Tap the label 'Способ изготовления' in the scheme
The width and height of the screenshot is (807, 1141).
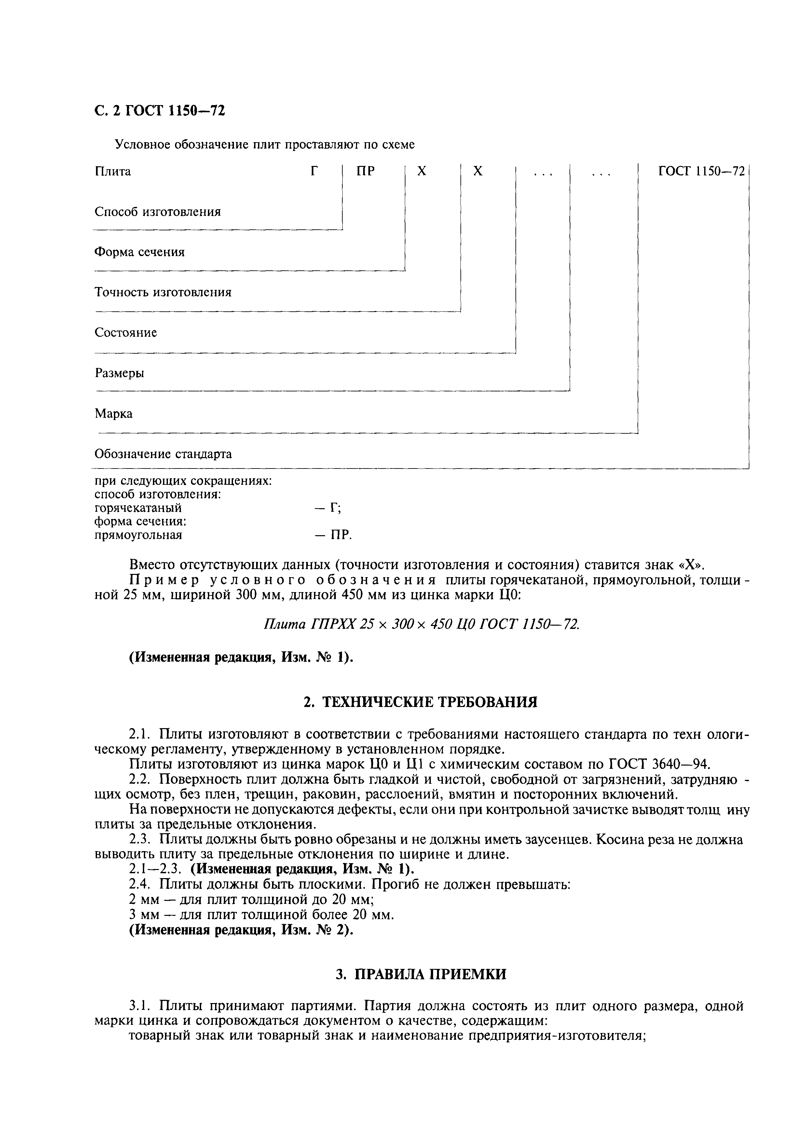point(157,212)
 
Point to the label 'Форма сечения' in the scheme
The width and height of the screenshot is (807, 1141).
point(140,252)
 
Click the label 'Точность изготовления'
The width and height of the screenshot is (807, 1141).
point(163,292)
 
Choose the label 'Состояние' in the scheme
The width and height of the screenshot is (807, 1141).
point(126,333)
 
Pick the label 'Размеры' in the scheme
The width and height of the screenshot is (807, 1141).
point(119,373)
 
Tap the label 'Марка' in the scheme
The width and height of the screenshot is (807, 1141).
point(114,414)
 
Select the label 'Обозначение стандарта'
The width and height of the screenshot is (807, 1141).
point(163,454)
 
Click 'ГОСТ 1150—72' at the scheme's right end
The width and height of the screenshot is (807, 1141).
point(701,171)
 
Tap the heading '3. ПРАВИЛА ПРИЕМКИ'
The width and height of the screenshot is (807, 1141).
point(420,974)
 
